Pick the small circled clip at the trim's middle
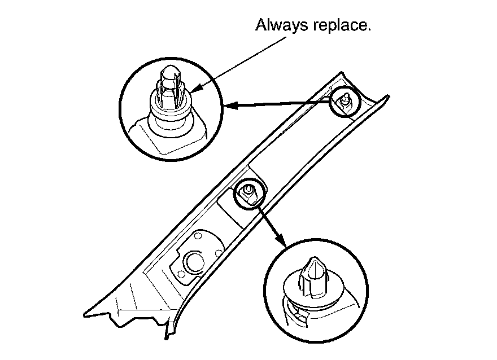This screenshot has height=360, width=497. (249, 194)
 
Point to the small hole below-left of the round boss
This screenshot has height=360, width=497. (181, 275)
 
